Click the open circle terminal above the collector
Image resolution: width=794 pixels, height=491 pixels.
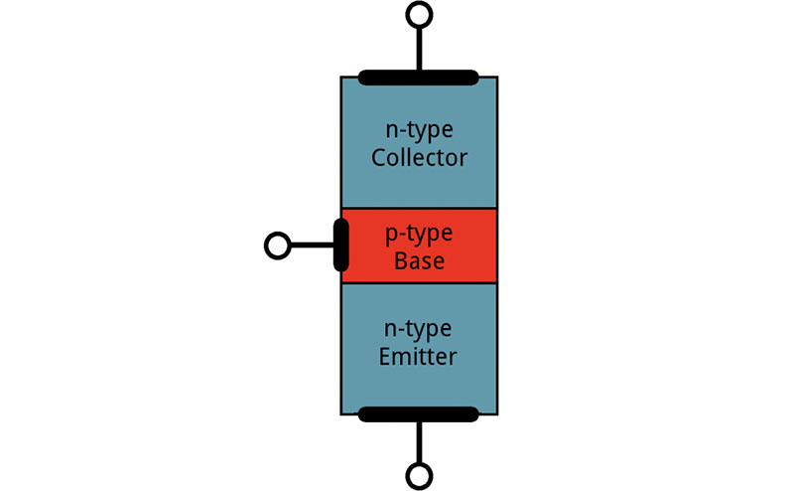point(419,14)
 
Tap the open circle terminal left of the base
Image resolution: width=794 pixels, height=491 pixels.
point(278,245)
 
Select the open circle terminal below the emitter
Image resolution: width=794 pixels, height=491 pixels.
point(419,477)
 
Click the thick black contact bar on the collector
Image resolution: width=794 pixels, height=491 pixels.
point(419,78)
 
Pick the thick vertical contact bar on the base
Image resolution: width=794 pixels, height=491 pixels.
point(341,245)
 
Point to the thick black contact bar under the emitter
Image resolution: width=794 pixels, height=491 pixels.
point(419,414)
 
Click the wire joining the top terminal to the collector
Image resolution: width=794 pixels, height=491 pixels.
point(419,47)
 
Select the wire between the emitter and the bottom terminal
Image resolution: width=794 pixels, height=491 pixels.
point(419,442)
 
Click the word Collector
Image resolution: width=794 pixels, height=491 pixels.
point(419,158)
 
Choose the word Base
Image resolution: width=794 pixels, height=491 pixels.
point(419,261)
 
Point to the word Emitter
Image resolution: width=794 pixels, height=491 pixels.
point(419,357)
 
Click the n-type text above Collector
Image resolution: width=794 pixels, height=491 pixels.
point(419,129)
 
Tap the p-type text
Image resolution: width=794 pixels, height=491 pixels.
point(419,234)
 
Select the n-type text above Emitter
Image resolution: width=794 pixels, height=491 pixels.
point(419,328)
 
